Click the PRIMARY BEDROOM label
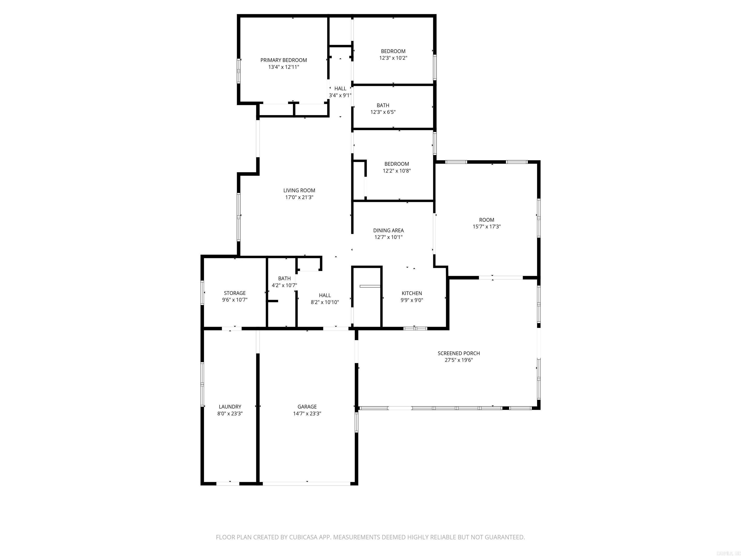pyautogui.click(x=283, y=60)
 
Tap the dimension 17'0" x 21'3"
pyautogui.click(x=299, y=197)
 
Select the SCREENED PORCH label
pyautogui.click(x=459, y=353)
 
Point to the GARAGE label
pyautogui.click(x=307, y=407)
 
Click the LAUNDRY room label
pyautogui.click(x=230, y=407)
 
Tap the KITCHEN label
pyautogui.click(x=412, y=293)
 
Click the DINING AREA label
pyautogui.click(x=388, y=230)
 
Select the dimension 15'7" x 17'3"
pyautogui.click(x=487, y=227)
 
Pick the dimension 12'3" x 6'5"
pyautogui.click(x=383, y=112)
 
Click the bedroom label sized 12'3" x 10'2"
pyautogui.click(x=393, y=51)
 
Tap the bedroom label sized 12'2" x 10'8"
pyautogui.click(x=397, y=164)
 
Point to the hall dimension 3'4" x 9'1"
pyautogui.click(x=340, y=95)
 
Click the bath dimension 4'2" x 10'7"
pyautogui.click(x=284, y=285)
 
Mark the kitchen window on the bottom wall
pyautogui.click(x=415, y=328)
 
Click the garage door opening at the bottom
pyautogui.click(x=307, y=484)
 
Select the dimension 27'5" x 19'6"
pyautogui.click(x=459, y=360)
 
